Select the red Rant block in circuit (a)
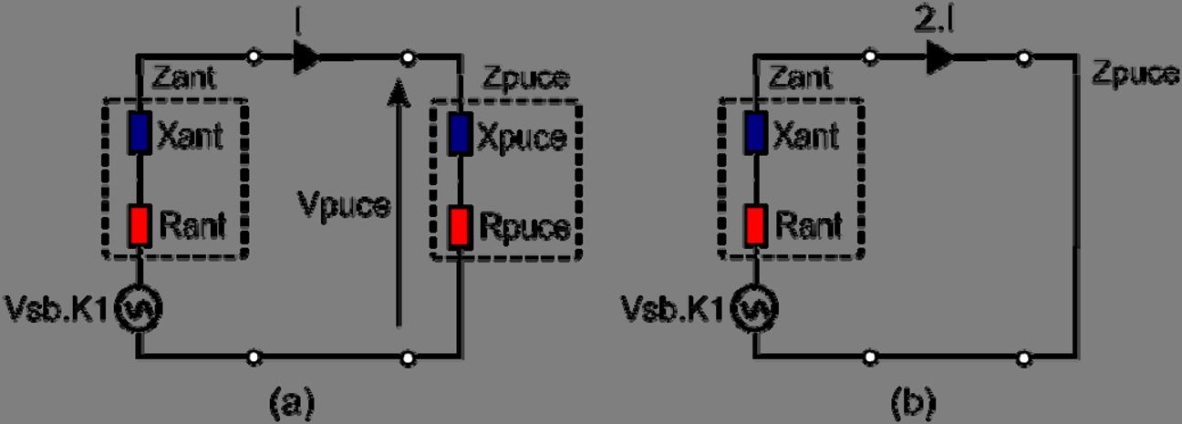(x=138, y=222)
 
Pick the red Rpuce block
(x=459, y=225)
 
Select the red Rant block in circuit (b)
(x=755, y=222)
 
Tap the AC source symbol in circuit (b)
(x=755, y=310)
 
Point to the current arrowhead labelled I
(x=307, y=60)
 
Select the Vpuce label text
(x=345, y=206)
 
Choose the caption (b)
(x=913, y=398)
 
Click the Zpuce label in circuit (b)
(x=1135, y=74)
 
